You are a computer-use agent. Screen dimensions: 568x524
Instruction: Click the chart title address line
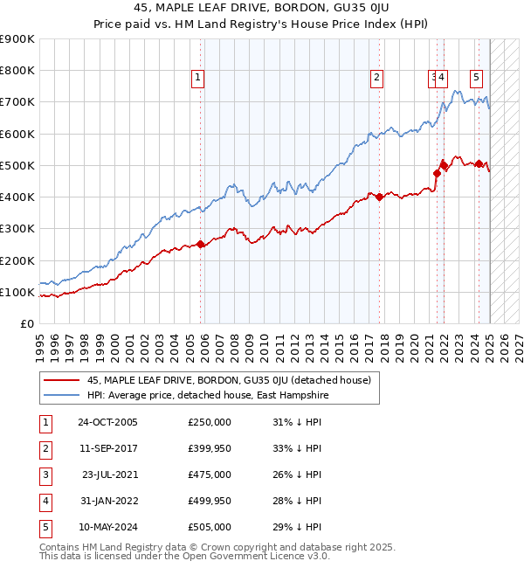[x=262, y=8]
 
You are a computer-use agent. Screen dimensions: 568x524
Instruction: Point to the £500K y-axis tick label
[x=17, y=165]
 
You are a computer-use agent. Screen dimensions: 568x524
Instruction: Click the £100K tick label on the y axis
[x=17, y=292]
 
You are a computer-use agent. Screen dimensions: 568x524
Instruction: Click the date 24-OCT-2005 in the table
[x=107, y=422]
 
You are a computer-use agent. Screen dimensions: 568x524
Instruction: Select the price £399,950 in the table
[x=209, y=448]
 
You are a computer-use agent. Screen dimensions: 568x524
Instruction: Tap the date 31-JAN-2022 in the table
[x=107, y=501]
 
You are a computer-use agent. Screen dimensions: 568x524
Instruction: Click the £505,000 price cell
[x=209, y=527]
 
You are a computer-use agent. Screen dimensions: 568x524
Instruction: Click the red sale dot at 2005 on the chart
[x=201, y=245]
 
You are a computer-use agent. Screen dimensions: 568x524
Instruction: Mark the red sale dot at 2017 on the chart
[x=380, y=197]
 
